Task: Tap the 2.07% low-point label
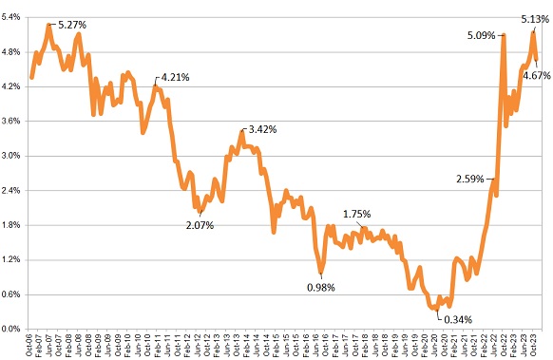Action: coord(200,225)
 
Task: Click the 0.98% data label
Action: coord(321,287)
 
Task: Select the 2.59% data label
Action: coord(469,178)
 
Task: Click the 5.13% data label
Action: coord(535,18)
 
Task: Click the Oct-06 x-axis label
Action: coord(31,344)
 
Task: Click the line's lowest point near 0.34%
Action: coord(436,309)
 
